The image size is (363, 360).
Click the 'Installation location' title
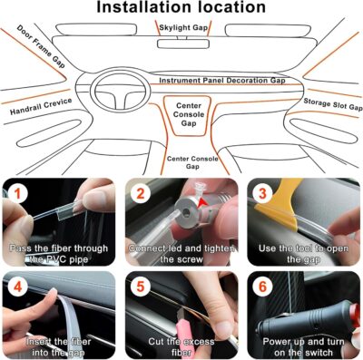[x=181, y=10]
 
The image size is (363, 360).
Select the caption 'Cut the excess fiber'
[x=181, y=345]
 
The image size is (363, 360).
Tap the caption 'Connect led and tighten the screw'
[x=181, y=253]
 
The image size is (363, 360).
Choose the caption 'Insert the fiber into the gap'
[x=58, y=345]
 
